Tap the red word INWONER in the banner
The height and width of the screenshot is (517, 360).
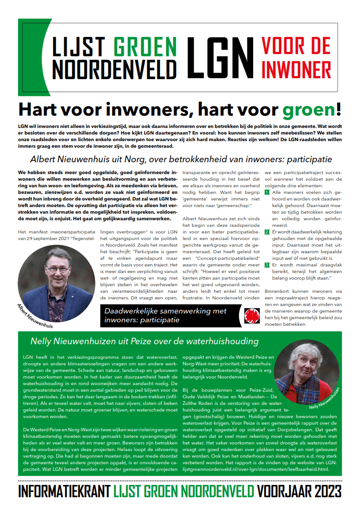pyautogui.click(x=296, y=68)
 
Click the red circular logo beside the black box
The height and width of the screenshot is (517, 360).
pyautogui.click(x=251, y=315)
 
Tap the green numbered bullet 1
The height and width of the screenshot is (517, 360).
pyautogui.click(x=267, y=193)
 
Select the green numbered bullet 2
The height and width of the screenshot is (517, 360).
pyautogui.click(x=267, y=232)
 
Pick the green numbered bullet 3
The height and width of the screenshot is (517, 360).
pyautogui.click(x=267, y=265)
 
